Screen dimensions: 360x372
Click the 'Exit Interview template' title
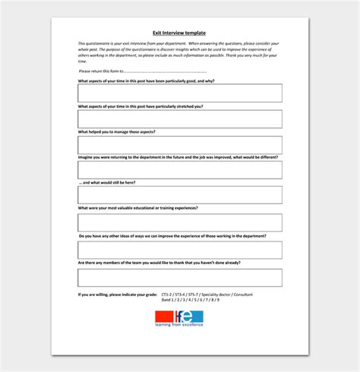(x=180, y=33)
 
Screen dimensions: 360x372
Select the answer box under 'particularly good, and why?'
(x=179, y=93)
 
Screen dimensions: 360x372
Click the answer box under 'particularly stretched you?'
(x=179, y=118)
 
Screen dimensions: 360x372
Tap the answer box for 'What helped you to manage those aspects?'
(x=179, y=144)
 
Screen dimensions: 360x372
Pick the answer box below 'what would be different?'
(x=179, y=169)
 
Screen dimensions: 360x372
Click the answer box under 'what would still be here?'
(x=179, y=195)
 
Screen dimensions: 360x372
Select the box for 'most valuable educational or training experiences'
(x=179, y=222)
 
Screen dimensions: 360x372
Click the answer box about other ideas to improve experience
(x=179, y=250)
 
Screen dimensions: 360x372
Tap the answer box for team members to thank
(x=179, y=277)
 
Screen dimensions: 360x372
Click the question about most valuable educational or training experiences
(x=137, y=208)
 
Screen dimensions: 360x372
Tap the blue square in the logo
(x=194, y=317)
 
